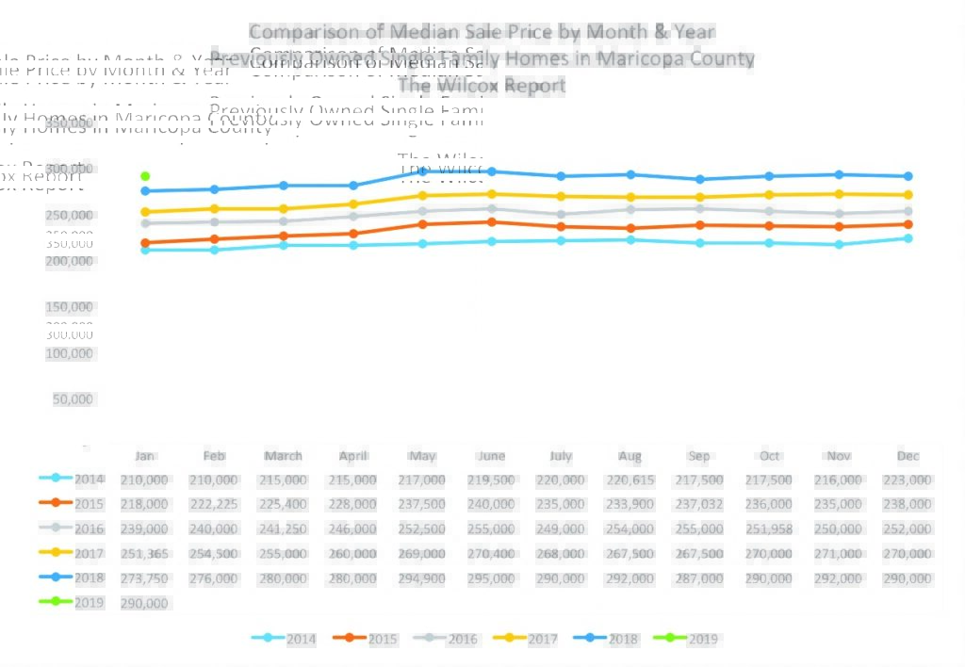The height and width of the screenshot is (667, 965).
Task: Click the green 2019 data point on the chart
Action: (x=145, y=176)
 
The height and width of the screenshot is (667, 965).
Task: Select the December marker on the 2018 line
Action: (x=908, y=176)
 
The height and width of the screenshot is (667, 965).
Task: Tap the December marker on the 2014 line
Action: (x=908, y=238)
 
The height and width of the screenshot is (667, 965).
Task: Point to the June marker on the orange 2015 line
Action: (x=492, y=222)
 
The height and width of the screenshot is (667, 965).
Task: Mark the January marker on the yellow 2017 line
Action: (x=145, y=212)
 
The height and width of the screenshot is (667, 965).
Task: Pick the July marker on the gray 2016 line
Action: (x=561, y=214)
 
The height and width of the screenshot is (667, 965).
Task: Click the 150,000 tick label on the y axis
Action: (x=70, y=307)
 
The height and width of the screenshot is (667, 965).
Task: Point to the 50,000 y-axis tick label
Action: (x=74, y=399)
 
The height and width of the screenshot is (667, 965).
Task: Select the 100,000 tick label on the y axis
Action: (x=70, y=354)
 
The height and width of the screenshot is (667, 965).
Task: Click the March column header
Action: (x=283, y=456)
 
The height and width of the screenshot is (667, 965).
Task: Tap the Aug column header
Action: (x=630, y=456)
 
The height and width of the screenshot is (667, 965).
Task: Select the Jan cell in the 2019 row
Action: (x=144, y=603)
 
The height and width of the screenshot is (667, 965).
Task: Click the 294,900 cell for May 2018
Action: (x=422, y=578)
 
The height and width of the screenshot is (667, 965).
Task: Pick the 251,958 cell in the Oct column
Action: (x=769, y=529)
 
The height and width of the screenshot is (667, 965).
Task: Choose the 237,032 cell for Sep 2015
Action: (x=699, y=505)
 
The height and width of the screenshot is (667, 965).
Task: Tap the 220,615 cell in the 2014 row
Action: (x=630, y=480)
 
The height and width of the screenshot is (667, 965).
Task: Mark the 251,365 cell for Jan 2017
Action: (x=144, y=554)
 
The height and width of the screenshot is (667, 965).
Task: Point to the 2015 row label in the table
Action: (x=90, y=504)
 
